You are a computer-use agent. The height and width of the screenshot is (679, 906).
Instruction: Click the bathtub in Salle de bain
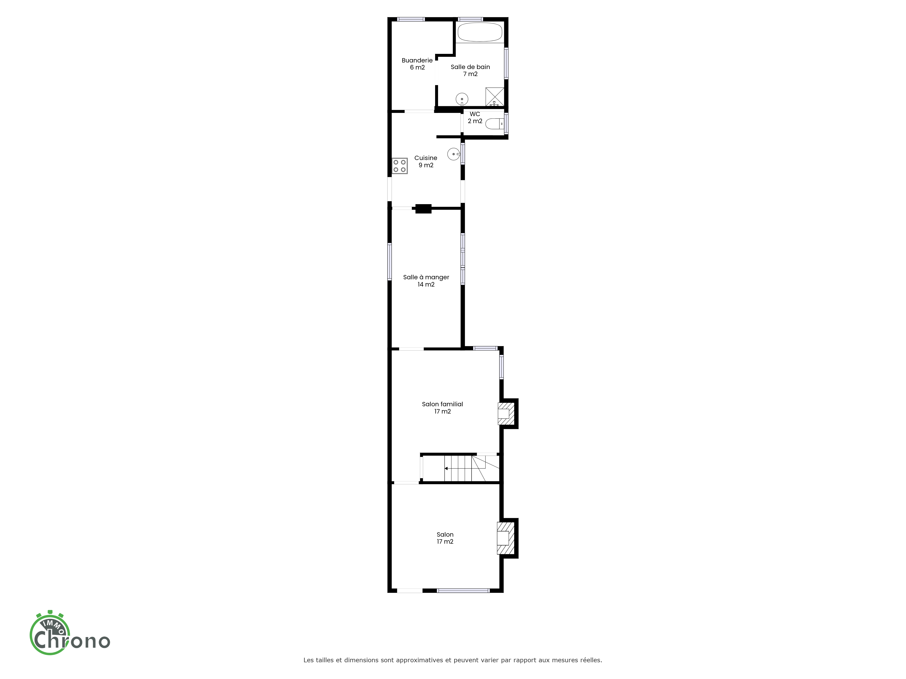click(x=480, y=32)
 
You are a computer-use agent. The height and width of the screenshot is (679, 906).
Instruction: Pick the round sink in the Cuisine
click(x=454, y=154)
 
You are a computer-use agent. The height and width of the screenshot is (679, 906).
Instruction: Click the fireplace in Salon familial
click(x=506, y=413)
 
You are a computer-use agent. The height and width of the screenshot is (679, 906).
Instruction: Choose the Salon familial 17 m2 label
click(x=442, y=408)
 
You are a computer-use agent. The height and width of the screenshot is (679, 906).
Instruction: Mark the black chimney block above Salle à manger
click(x=424, y=209)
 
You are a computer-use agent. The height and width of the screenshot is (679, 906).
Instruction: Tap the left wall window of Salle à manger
click(x=390, y=262)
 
